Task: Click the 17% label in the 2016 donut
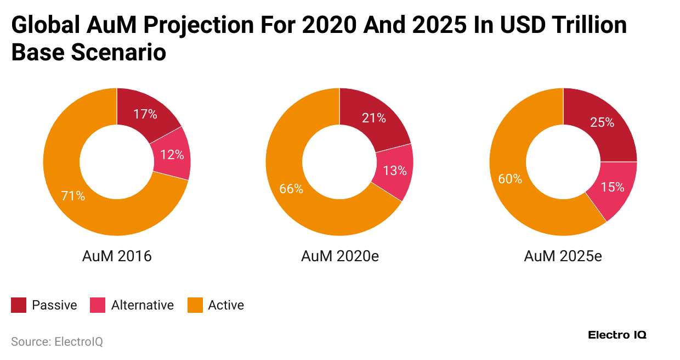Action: (x=145, y=115)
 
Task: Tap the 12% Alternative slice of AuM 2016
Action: (x=172, y=155)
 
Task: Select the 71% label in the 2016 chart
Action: (x=73, y=195)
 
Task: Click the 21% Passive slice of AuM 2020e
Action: (x=373, y=118)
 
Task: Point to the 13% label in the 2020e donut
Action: (x=395, y=171)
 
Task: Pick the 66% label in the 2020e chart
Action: (x=291, y=188)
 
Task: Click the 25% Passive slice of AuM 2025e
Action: (x=602, y=123)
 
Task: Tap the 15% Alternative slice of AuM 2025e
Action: (x=613, y=187)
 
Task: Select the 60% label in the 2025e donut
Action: (x=510, y=179)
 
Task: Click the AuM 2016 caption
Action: (x=117, y=256)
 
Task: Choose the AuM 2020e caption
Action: (x=340, y=256)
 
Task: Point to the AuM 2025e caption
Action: (x=563, y=256)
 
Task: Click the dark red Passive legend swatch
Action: (x=19, y=305)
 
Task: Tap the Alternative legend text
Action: (x=142, y=305)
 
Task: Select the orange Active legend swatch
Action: (x=195, y=305)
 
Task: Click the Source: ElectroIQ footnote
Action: (x=57, y=342)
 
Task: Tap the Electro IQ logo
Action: (x=617, y=335)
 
